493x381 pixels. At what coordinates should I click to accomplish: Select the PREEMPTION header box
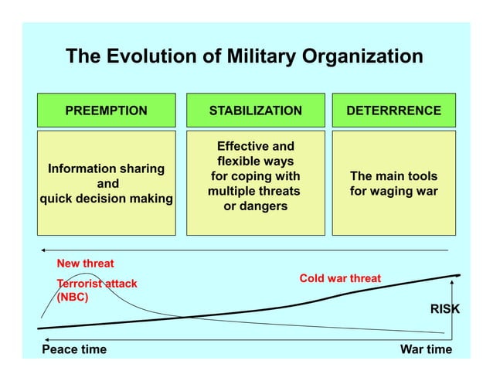[106, 111]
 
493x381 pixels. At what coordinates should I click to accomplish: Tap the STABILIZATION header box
[255, 111]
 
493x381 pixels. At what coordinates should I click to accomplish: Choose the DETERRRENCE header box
[393, 111]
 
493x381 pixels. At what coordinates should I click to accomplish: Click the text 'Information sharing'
[106, 168]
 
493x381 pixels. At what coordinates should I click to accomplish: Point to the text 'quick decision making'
[106, 199]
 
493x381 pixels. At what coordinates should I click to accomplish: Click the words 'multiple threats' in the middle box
[254, 191]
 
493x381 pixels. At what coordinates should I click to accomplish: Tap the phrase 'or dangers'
[255, 206]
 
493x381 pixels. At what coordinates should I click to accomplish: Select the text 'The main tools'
[393, 175]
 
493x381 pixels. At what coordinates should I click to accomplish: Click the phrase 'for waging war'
[393, 191]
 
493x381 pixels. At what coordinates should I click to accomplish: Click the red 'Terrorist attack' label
[97, 284]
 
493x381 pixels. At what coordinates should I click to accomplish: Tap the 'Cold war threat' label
[340, 278]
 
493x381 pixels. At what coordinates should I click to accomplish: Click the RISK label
[444, 309]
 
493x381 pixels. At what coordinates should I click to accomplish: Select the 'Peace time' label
[74, 349]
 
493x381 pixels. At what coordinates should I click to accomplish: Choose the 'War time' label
[426, 349]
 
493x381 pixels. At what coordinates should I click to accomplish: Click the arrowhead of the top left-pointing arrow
[45, 250]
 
